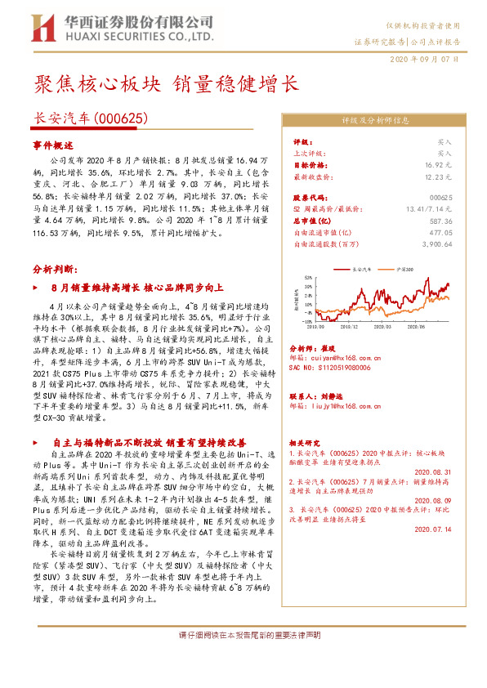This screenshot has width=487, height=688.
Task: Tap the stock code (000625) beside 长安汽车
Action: coord(122,118)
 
